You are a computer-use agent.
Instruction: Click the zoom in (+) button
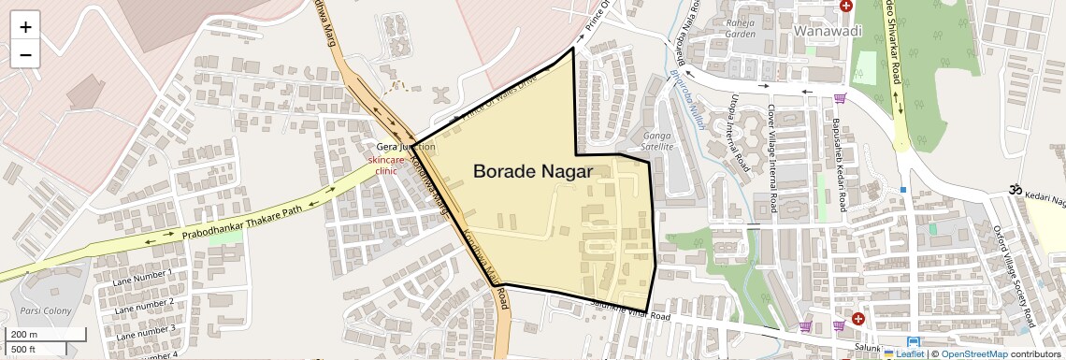(25, 26)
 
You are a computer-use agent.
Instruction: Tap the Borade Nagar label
(531, 171)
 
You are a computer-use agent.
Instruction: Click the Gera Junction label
(405, 147)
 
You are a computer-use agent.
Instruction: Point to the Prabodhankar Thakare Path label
(243, 223)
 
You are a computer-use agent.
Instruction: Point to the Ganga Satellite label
(658, 140)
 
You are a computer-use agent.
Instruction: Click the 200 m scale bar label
(24, 334)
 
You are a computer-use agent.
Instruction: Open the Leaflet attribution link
(904, 353)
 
